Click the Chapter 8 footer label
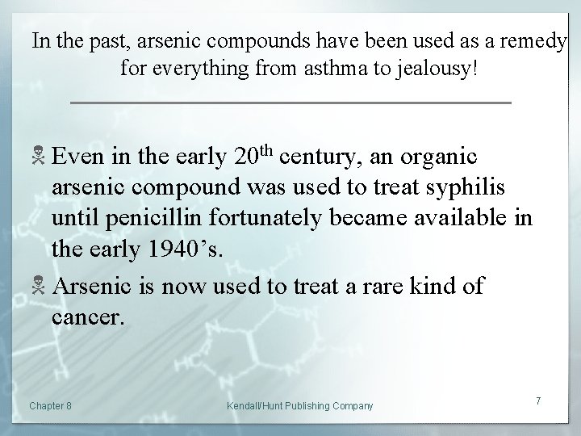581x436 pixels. pos(49,405)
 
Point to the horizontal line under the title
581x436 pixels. pos(291,103)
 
